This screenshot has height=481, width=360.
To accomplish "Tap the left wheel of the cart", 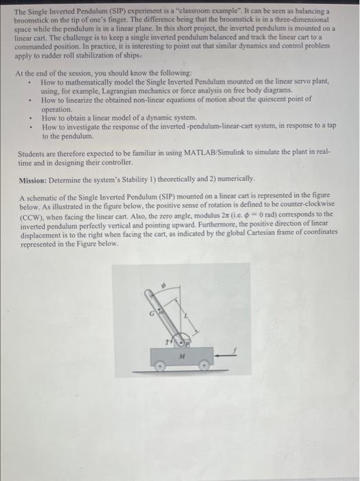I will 161,368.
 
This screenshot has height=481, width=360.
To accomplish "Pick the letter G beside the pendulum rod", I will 156,313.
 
